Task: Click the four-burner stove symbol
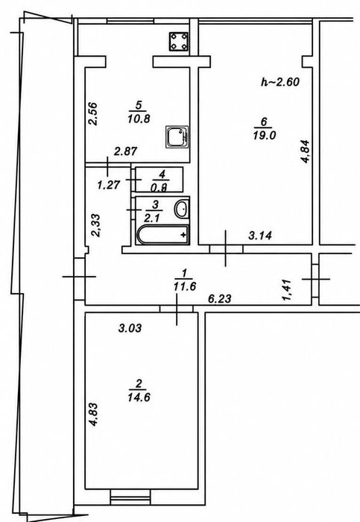[x=179, y=42]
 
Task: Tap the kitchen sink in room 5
[x=177, y=136]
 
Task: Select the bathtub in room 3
[x=162, y=235]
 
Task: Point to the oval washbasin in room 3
[x=182, y=209]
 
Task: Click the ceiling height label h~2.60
[x=280, y=81]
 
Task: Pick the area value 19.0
[x=265, y=136]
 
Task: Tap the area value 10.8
[x=139, y=118]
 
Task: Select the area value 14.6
[x=139, y=397]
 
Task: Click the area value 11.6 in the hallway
[x=185, y=286]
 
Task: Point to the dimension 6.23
[x=220, y=298]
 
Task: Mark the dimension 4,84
[x=305, y=151]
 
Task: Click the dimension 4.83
[x=93, y=415]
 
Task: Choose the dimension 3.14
[x=260, y=236]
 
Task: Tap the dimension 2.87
[x=125, y=151]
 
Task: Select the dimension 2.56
[x=93, y=113]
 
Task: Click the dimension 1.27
[x=109, y=185]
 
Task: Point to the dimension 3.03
[x=130, y=328]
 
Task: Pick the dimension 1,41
[x=287, y=290]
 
